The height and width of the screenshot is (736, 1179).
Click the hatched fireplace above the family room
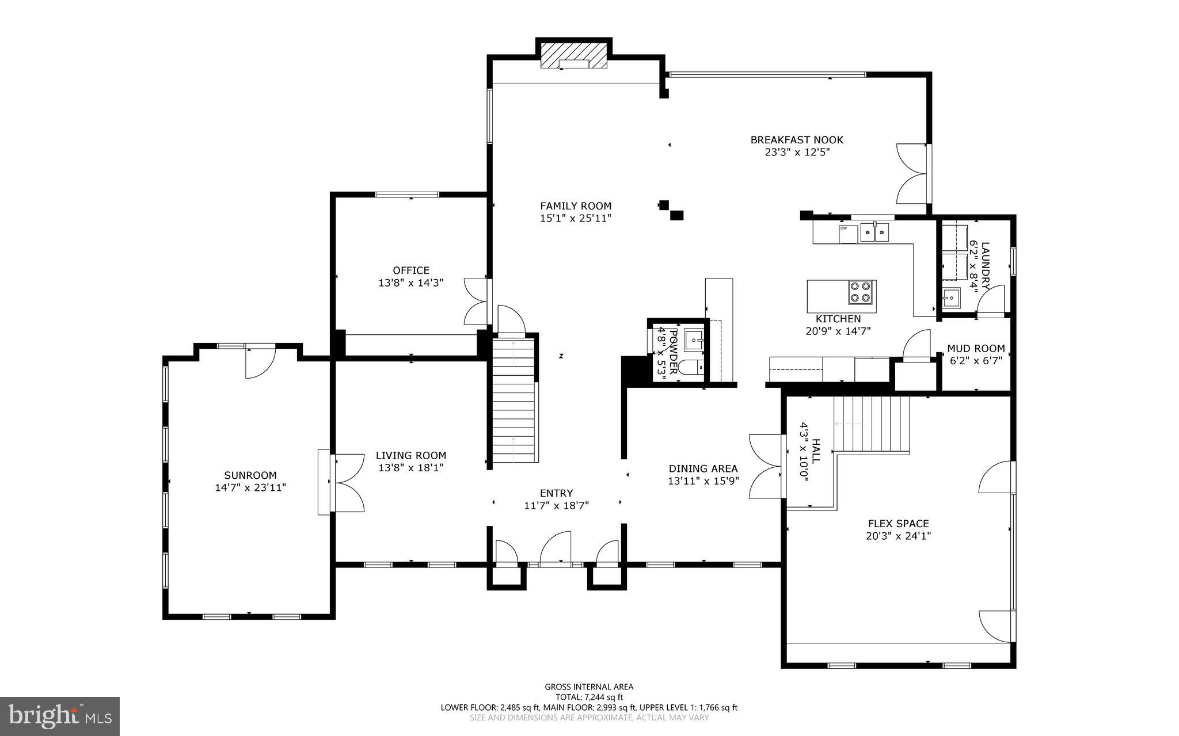click(x=573, y=56)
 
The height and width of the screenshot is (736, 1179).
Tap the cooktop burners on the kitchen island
click(x=861, y=292)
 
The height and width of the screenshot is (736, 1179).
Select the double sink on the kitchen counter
click(x=874, y=233)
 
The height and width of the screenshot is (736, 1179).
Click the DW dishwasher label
click(x=844, y=228)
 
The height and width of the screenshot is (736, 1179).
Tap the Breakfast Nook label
click(x=797, y=140)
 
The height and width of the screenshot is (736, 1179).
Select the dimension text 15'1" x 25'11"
click(x=575, y=218)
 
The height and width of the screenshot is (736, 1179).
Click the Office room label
click(x=411, y=270)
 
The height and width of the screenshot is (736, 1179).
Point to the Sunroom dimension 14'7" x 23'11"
click(x=250, y=487)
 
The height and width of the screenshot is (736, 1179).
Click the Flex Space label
click(x=898, y=524)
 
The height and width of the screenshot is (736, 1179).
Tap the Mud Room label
click(x=976, y=348)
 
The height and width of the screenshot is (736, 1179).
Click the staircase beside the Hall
click(x=872, y=424)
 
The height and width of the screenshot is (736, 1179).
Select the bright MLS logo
click(x=60, y=716)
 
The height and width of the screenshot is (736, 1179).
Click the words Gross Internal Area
click(x=589, y=687)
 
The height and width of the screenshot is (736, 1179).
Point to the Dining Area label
click(x=703, y=468)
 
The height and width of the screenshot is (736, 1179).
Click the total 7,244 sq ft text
click(x=589, y=697)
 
